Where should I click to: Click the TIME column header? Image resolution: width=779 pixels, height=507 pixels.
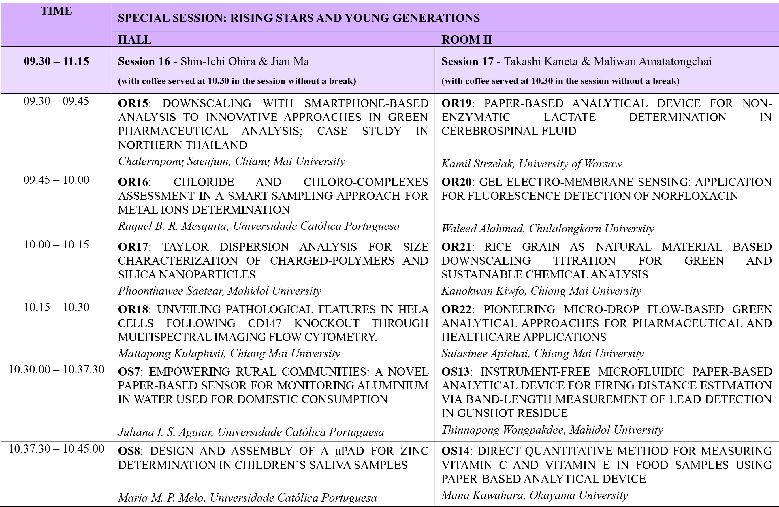[x=56, y=11]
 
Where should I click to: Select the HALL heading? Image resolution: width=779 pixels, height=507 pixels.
[x=135, y=39]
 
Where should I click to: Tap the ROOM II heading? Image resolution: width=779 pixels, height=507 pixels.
[x=466, y=39]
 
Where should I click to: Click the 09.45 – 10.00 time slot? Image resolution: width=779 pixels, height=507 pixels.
[x=56, y=180]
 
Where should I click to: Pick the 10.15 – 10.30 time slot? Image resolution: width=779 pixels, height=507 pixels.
[x=56, y=307]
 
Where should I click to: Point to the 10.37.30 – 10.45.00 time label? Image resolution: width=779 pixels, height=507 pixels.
[x=56, y=448]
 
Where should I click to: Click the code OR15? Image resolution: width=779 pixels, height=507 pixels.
[x=133, y=103]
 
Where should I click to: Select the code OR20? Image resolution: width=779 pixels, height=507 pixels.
[x=456, y=182]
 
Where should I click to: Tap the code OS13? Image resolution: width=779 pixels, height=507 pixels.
[x=455, y=372]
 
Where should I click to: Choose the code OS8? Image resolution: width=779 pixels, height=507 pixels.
[x=129, y=451]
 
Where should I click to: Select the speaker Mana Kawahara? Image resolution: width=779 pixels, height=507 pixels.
[x=483, y=495]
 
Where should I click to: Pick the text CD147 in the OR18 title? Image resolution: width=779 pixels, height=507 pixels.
[x=264, y=323]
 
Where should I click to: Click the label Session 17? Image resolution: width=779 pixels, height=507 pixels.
[x=467, y=61]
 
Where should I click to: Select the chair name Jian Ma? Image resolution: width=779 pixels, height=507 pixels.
[x=290, y=61]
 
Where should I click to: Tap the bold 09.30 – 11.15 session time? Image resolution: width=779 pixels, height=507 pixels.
[x=56, y=61]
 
